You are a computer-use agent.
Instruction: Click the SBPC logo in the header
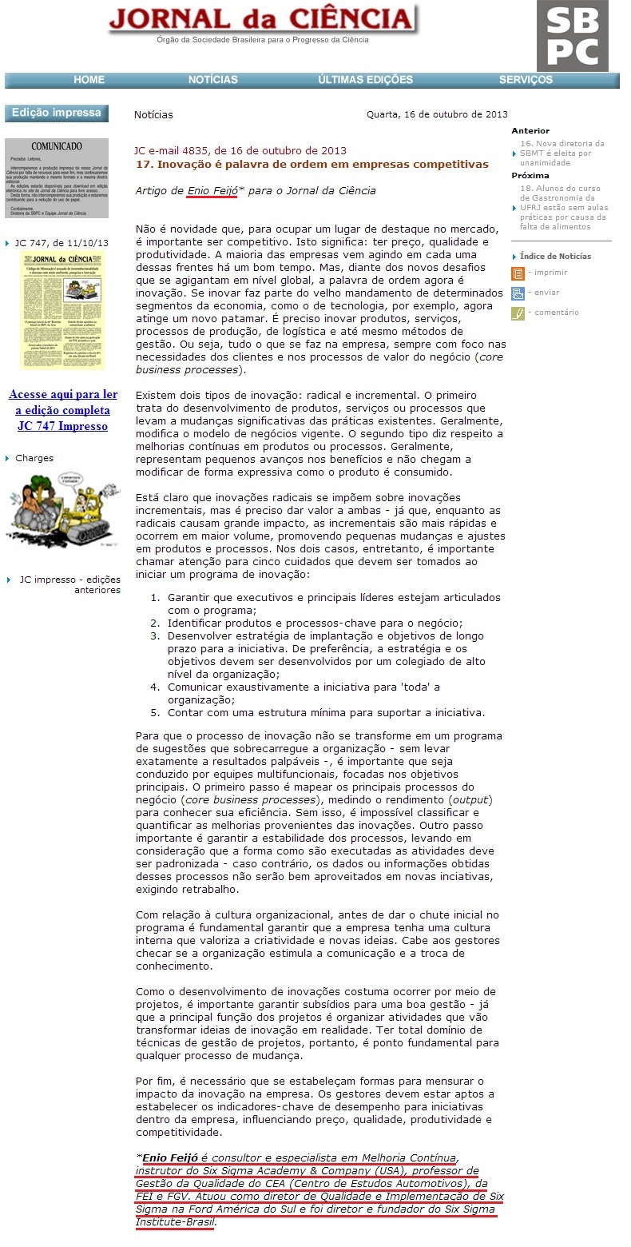pyautogui.click(x=572, y=36)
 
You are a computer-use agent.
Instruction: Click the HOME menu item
pyautogui.click(x=89, y=80)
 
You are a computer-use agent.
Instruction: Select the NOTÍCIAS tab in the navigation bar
pyautogui.click(x=212, y=80)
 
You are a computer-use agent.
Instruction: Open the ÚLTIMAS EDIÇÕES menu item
pyautogui.click(x=365, y=80)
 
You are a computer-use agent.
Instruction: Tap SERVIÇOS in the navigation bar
pyautogui.click(x=526, y=80)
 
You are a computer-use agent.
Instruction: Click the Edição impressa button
pyautogui.click(x=56, y=113)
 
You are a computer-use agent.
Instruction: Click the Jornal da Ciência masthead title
pyautogui.click(x=261, y=20)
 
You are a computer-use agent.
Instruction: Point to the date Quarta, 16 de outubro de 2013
pyautogui.click(x=437, y=114)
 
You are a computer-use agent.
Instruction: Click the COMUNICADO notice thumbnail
pyautogui.click(x=56, y=178)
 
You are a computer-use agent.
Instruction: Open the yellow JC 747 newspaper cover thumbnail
pyautogui.click(x=62, y=310)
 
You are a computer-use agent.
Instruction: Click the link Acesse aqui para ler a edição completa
pyautogui.click(x=62, y=410)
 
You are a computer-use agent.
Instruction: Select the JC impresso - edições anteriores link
pyautogui.click(x=69, y=584)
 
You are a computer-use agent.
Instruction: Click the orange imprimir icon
pyautogui.click(x=518, y=273)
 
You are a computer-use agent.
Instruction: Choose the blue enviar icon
pyautogui.click(x=518, y=293)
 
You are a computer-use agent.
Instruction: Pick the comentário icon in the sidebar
pyautogui.click(x=518, y=313)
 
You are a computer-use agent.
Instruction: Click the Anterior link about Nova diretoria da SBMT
pyautogui.click(x=562, y=153)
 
